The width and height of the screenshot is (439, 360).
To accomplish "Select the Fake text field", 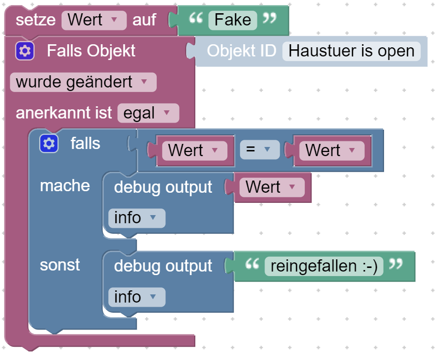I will tap(232, 20).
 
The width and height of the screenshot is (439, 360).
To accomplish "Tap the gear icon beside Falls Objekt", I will tap(24, 51).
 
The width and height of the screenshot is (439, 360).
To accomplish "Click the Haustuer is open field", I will tap(352, 51).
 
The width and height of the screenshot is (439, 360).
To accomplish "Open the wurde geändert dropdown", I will tap(83, 82).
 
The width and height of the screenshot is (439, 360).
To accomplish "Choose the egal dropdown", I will tap(148, 113).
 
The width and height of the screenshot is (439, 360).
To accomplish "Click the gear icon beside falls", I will tap(49, 144).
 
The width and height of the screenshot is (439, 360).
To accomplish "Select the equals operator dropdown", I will tap(259, 151).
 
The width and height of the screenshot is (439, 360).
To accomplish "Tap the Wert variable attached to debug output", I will tap(270, 187).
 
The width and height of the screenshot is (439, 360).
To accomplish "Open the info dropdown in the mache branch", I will tap(136, 218).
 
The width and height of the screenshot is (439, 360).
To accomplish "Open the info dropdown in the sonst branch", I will tap(136, 297).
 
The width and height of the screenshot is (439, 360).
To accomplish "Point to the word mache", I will tap(65, 186).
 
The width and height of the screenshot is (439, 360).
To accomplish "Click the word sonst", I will tap(60, 265).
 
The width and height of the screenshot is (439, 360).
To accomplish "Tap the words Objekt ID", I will tap(241, 51).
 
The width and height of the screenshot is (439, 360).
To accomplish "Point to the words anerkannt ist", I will tap(64, 113).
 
